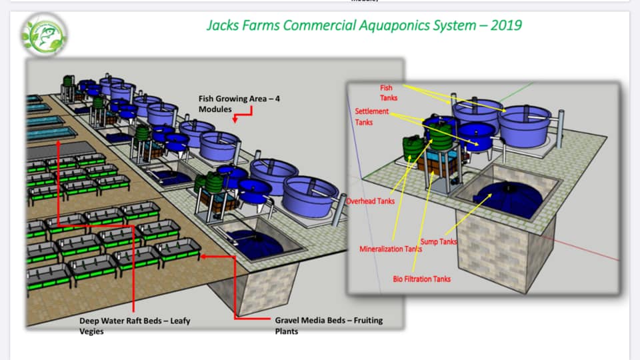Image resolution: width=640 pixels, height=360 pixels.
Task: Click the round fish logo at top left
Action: tap(44, 35)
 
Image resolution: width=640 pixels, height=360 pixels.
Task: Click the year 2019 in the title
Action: tap(506, 25)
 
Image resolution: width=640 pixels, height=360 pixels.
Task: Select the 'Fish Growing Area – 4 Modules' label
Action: tap(239, 104)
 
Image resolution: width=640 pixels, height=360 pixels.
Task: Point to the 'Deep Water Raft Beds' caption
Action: tap(135, 326)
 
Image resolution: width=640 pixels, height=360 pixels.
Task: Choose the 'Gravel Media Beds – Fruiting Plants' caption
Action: tap(329, 326)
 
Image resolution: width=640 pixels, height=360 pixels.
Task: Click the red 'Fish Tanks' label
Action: tap(388, 93)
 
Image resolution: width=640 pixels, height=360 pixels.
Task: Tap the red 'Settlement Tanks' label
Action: tap(371, 116)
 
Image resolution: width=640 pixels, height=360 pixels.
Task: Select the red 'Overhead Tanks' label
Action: tap(370, 201)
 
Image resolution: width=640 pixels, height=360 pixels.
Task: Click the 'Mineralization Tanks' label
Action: tap(391, 249)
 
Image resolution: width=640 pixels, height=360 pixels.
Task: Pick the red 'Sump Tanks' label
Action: tap(439, 241)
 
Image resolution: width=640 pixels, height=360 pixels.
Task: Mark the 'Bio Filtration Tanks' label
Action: tap(421, 279)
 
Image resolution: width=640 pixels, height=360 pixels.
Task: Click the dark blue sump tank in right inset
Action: tap(509, 199)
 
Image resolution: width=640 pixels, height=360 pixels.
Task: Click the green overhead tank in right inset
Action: tap(411, 149)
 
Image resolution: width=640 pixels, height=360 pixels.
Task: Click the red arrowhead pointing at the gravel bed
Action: tap(203, 256)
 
